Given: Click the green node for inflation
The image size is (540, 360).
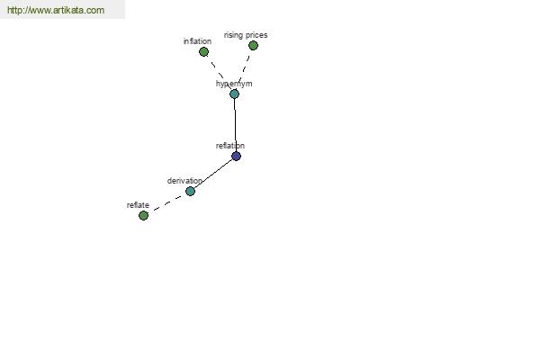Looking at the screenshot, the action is (x=203, y=51).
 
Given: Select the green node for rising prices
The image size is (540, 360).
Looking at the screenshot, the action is (x=253, y=45).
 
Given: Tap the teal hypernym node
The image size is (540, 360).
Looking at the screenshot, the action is (x=234, y=94).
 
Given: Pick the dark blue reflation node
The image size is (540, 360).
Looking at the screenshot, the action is (x=236, y=156).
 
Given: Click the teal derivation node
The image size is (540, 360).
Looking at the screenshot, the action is (x=190, y=191).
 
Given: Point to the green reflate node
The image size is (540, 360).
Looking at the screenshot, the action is (x=143, y=215).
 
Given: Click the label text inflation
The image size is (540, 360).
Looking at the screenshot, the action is (x=197, y=41).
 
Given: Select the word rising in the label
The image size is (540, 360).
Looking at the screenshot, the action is (x=233, y=35).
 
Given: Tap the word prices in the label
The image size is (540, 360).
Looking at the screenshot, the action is (x=256, y=35).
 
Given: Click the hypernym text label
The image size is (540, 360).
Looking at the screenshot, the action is (x=234, y=84).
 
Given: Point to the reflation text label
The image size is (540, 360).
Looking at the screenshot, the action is (x=230, y=146).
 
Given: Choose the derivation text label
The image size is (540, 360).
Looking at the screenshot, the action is (x=184, y=181).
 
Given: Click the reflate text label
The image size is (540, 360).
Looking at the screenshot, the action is (x=138, y=205).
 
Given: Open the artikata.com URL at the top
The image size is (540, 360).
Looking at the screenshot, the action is (x=56, y=10).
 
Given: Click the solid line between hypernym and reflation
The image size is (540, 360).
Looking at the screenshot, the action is (x=235, y=125).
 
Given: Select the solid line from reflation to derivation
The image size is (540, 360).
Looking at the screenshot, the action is (x=213, y=174).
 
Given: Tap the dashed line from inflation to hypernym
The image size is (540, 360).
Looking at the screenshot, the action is (x=219, y=73).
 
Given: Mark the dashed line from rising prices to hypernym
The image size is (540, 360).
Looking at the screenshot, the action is (x=244, y=70).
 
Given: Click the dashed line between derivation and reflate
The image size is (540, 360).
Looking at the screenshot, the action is (x=167, y=203).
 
